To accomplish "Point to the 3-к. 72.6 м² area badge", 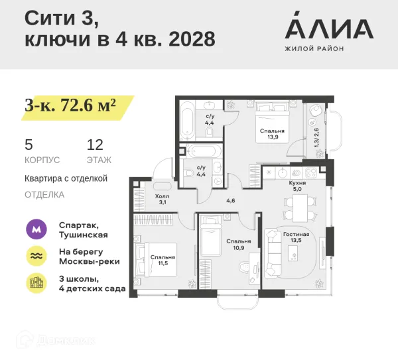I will coord(70,105).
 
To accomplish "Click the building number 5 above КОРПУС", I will coord(29,144).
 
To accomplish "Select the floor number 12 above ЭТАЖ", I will coord(94,144).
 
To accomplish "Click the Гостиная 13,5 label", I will coord(296,238).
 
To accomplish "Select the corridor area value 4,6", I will coord(231,200).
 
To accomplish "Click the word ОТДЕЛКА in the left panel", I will coord(44,195).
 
